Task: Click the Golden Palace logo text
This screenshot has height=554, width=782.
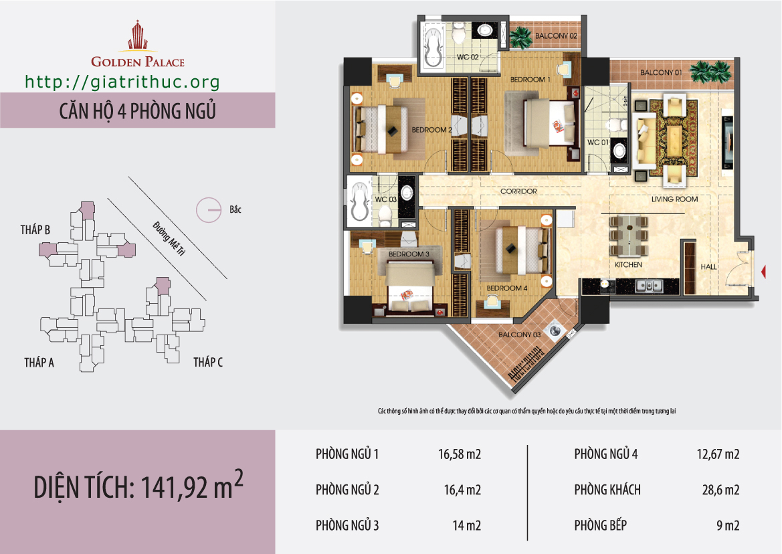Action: pos(138,62)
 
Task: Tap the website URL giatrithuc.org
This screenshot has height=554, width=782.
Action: pos(122,82)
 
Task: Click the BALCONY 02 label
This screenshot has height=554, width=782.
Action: pos(556,36)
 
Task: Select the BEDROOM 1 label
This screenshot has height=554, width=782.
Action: pos(530,79)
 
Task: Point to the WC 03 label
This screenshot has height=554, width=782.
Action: pos(385,199)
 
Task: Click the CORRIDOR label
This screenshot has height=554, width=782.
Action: pos(518,191)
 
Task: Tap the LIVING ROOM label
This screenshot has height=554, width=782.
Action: pos(674,199)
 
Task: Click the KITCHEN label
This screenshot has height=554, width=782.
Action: pos(628,265)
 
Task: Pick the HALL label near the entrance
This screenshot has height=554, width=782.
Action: pos(708,267)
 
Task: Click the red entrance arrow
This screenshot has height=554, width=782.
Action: pos(763,272)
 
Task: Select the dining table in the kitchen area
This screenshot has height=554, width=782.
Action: pos(628,236)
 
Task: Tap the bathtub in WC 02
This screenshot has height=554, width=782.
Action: pos(433,47)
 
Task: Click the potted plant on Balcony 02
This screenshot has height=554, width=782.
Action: pos(520,37)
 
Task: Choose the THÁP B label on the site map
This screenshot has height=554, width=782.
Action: pos(35,230)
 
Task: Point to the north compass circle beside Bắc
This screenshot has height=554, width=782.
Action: pos(209,210)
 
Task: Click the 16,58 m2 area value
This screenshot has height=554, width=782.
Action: pos(460,454)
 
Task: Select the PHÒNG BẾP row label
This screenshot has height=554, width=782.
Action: pos(601,525)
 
